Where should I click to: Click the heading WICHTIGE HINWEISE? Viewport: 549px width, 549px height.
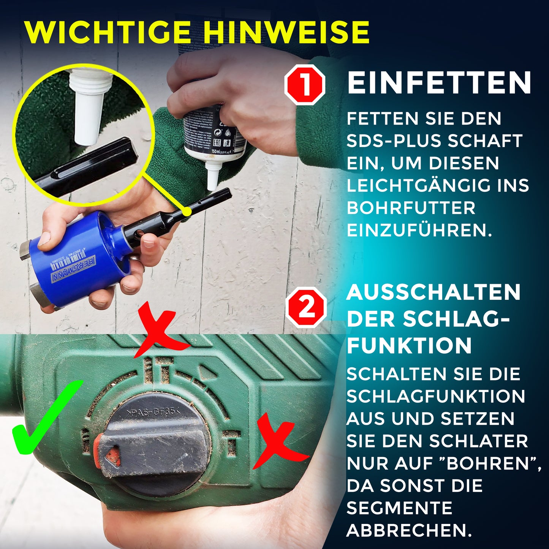tap(197, 33)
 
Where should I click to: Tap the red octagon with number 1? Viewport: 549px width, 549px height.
tap(305, 85)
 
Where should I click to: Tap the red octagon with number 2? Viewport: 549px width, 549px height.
tap(306, 307)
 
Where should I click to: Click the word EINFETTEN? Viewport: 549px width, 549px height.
tap(439, 83)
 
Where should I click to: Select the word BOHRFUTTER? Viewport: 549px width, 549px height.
tap(411, 208)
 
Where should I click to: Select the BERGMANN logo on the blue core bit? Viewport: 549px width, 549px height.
tap(74, 269)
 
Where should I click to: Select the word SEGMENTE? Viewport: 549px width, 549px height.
tap(399, 508)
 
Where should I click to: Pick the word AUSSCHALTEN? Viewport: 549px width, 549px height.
tap(434, 293)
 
